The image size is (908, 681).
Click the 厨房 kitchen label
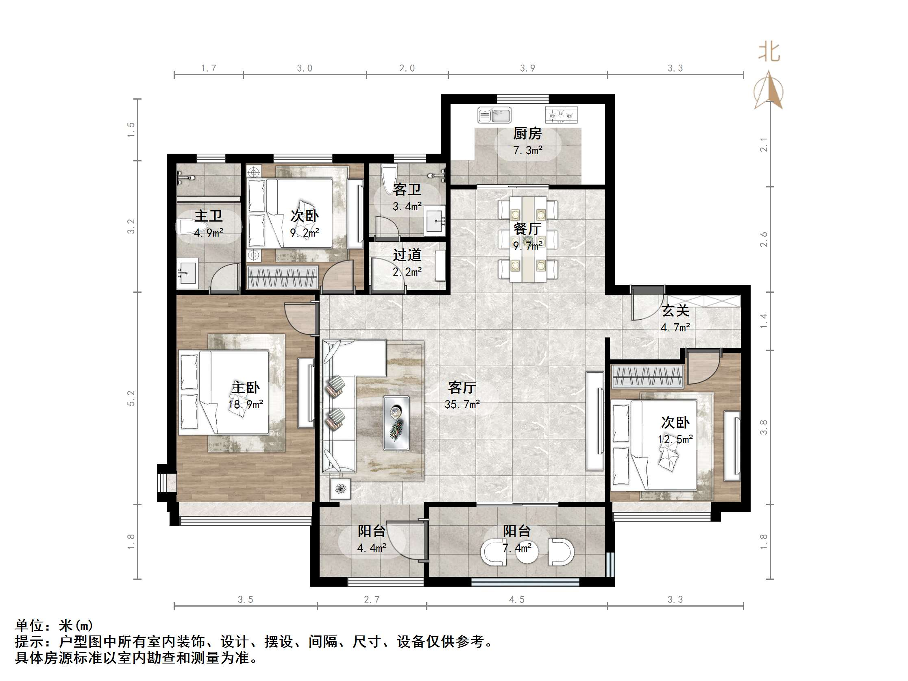pyautogui.click(x=527, y=133)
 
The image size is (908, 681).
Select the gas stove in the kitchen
pyautogui.click(x=561, y=115)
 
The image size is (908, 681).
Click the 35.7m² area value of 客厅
pyautogui.click(x=462, y=404)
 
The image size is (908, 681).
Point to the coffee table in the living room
pyautogui.click(x=396, y=422)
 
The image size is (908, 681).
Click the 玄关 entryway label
pyautogui.click(x=675, y=311)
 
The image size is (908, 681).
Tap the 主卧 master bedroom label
pyautogui.click(x=246, y=387)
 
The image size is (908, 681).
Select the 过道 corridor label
pyautogui.click(x=407, y=255)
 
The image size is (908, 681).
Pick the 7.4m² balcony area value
pyautogui.click(x=517, y=548)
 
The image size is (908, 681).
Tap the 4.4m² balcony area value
pyautogui.click(x=371, y=548)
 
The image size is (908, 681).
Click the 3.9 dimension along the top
pyautogui.click(x=527, y=68)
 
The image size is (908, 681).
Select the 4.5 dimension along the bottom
pyautogui.click(x=517, y=599)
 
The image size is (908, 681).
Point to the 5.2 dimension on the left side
pyautogui.click(x=131, y=398)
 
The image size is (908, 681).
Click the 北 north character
pyautogui.click(x=769, y=52)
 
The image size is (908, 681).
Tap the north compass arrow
pyautogui.click(x=769, y=91)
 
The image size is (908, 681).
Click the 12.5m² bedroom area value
pyautogui.click(x=675, y=439)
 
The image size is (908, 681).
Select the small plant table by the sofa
pyautogui.click(x=340, y=488)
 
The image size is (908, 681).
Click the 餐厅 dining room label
pyautogui.click(x=527, y=228)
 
